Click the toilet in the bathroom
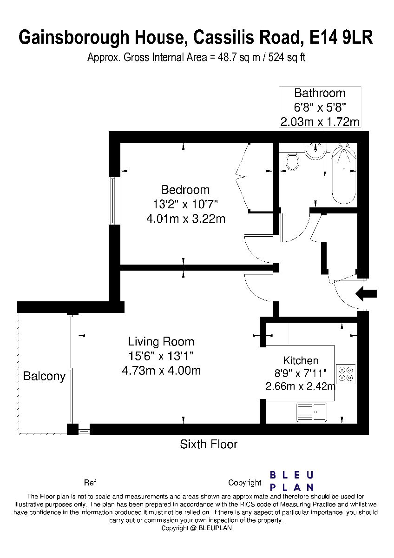click(x=292, y=162)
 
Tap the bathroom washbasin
click(x=315, y=151)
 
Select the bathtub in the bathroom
click(x=344, y=174)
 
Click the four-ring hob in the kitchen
click(x=346, y=374)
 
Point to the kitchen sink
click(x=311, y=412)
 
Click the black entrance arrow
click(x=366, y=294)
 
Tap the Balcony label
click(x=44, y=376)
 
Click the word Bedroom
click(x=185, y=190)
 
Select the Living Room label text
click(x=161, y=341)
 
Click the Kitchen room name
click(x=301, y=360)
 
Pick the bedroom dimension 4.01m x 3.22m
click(x=186, y=219)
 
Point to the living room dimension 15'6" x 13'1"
click(x=161, y=356)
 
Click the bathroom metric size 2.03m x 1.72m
click(x=320, y=122)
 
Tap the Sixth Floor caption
click(x=209, y=444)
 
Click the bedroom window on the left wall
click(x=113, y=201)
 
